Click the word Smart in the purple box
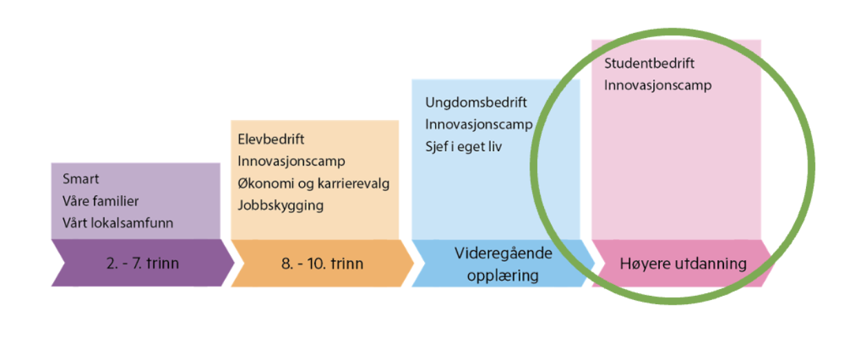tap(81, 179)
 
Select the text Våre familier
tap(101, 201)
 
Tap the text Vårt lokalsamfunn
tap(118, 223)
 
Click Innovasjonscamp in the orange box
tap(292, 161)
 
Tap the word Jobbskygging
tap(281, 205)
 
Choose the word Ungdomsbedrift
tap(476, 103)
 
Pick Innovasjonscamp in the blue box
tap(479, 125)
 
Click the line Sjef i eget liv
tap(463, 147)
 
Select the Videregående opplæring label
tap(503, 263)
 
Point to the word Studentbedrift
tap(650, 63)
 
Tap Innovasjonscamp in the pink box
tap(658, 86)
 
